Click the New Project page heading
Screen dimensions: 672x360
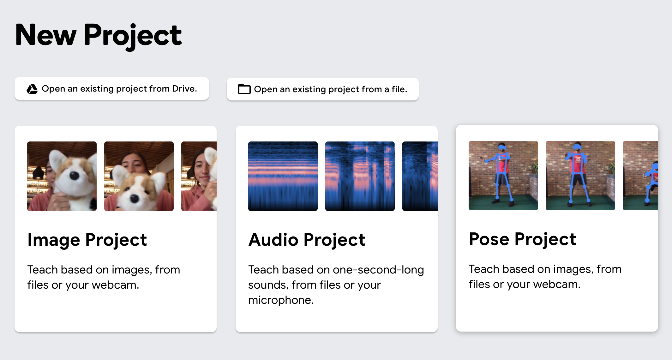click(x=98, y=35)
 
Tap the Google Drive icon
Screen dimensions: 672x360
click(x=32, y=89)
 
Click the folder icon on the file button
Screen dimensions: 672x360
click(x=244, y=89)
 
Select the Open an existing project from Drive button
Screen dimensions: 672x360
click(x=112, y=89)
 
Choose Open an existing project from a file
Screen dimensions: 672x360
click(x=323, y=89)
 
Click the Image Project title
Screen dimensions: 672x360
click(x=87, y=240)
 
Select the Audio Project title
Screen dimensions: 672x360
click(x=307, y=240)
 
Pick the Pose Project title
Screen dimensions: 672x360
click(x=523, y=239)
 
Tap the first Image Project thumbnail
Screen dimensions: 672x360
click(x=62, y=176)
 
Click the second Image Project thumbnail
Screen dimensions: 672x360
click(x=139, y=176)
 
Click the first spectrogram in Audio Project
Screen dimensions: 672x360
click(x=283, y=176)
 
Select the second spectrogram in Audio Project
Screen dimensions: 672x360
click(x=360, y=176)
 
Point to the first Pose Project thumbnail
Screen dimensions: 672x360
click(x=503, y=176)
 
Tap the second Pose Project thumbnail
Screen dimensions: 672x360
click(x=580, y=176)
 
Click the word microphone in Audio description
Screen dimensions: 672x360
click(x=281, y=300)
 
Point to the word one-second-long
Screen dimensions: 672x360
click(x=378, y=270)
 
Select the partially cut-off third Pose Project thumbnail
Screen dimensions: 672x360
click(x=640, y=176)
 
